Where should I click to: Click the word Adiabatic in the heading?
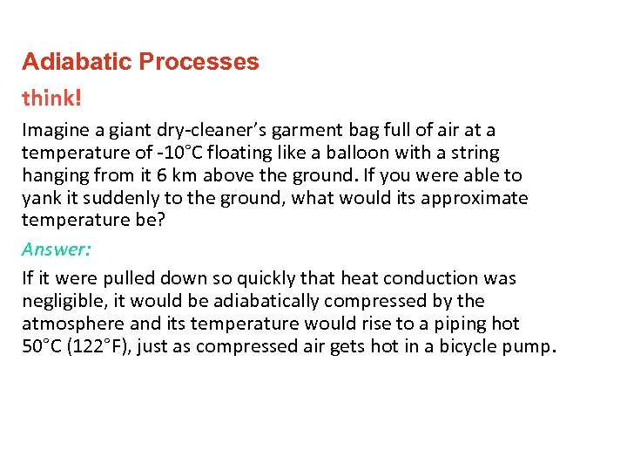click(77, 62)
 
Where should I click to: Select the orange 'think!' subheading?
click(51, 98)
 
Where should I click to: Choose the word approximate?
click(474, 198)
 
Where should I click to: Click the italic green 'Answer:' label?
click(57, 249)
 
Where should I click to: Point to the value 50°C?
click(43, 346)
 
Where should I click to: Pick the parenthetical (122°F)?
click(104, 346)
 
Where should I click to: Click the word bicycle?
click(465, 346)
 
